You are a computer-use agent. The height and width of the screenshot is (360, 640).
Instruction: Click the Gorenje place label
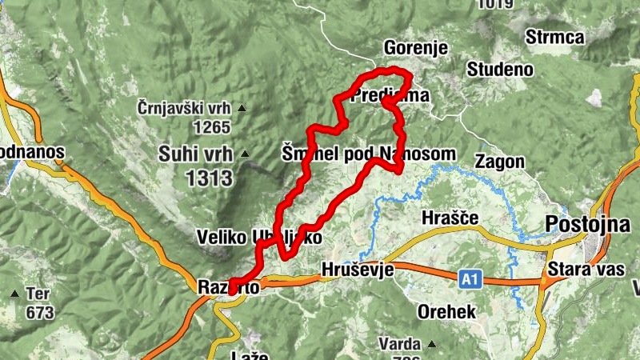pyautogui.click(x=415, y=46)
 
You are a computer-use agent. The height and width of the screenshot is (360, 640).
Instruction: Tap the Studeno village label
pyautogui.click(x=501, y=69)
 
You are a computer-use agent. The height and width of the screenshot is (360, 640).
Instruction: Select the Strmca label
pyautogui.click(x=555, y=37)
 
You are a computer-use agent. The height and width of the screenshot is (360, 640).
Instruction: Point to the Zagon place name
pyautogui.click(x=499, y=162)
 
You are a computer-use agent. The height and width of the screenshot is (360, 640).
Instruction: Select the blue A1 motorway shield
pyautogui.click(x=470, y=279)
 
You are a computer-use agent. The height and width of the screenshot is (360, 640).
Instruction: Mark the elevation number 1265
pyautogui.click(x=211, y=126)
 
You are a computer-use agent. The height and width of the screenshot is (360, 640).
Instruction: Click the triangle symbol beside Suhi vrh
pyautogui.click(x=244, y=153)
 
